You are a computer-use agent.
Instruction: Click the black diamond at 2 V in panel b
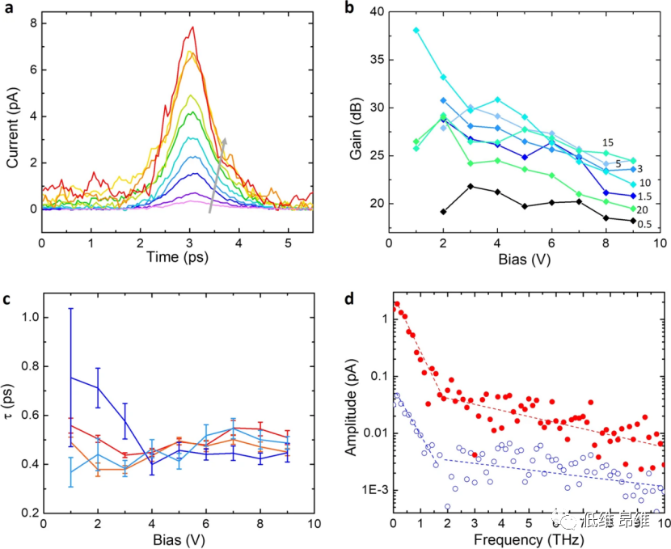pos(444,212)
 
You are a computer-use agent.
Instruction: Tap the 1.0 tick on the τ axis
pos(29,317)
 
